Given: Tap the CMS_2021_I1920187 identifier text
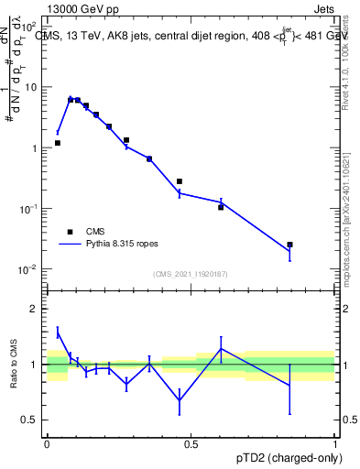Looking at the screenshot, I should (191, 274).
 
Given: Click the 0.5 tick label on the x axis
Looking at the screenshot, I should (191, 443).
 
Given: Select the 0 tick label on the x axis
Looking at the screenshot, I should (47, 443).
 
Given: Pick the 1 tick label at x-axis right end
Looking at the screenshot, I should (334, 443).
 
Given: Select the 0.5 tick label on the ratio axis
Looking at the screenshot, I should (32, 420).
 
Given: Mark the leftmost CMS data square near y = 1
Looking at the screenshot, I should (58, 143).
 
